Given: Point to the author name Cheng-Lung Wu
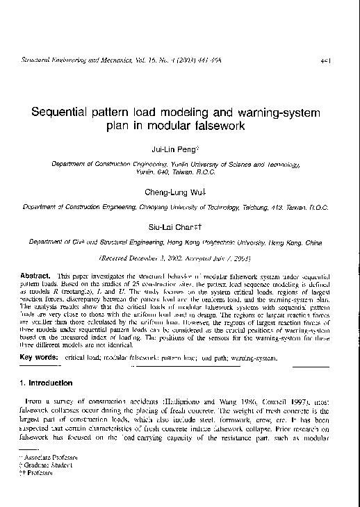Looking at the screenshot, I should tap(179, 191).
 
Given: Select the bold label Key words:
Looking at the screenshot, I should tap(40, 357).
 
